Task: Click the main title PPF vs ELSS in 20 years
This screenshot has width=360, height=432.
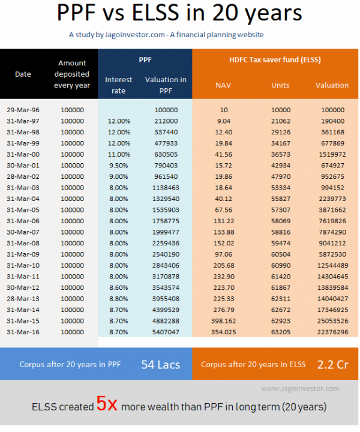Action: (179, 14)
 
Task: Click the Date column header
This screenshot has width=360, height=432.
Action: (23, 74)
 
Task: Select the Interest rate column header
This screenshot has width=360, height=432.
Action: (119, 85)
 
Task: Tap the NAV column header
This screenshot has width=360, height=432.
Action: (223, 85)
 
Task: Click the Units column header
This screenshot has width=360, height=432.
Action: (280, 85)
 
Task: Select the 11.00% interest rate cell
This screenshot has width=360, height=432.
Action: (119, 154)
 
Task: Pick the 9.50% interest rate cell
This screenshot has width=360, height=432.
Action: (119, 166)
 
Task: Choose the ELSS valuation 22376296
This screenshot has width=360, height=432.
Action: (332, 332)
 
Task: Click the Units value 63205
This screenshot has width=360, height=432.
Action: (280, 332)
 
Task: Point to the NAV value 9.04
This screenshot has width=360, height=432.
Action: (223, 121)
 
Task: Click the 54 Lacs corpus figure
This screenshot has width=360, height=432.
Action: (161, 364)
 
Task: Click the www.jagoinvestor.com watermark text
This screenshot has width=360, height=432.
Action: (300, 389)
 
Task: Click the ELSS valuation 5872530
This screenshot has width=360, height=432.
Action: (332, 254)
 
